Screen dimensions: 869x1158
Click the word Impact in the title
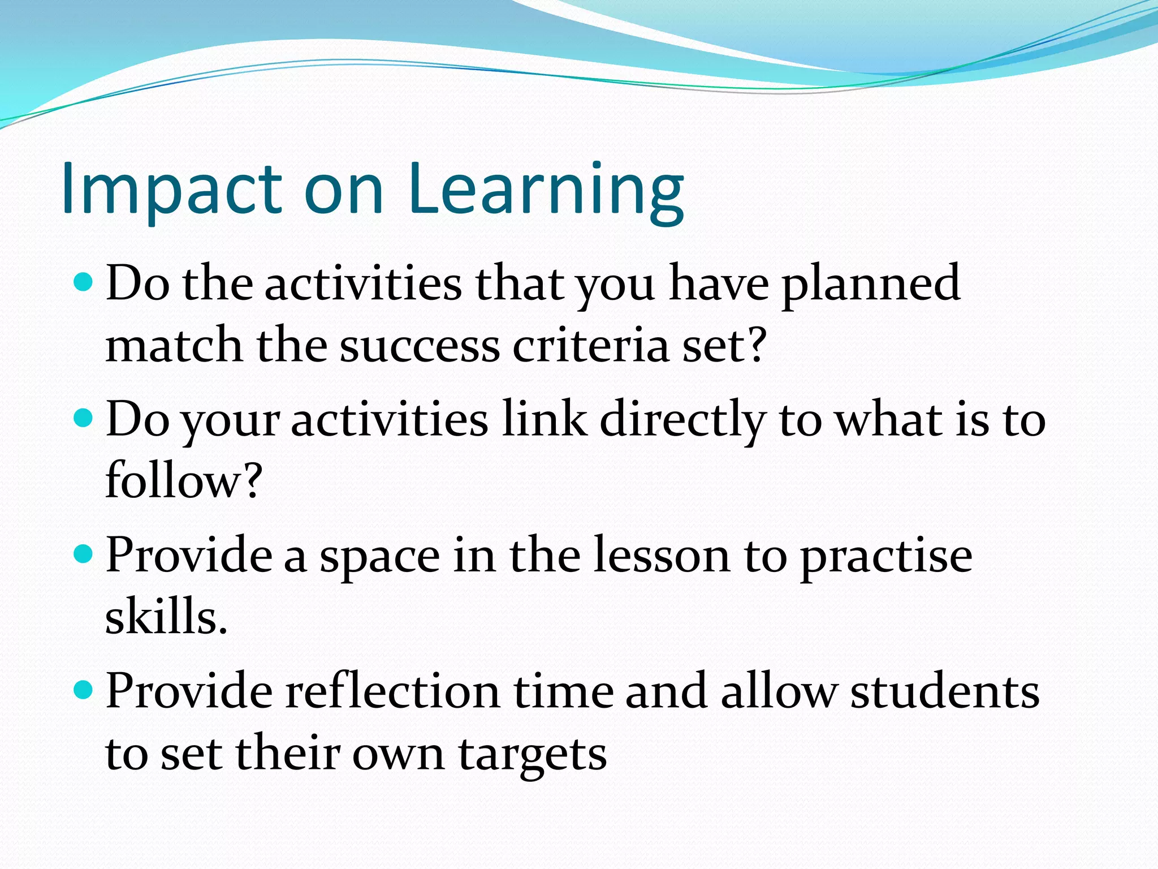point(171,190)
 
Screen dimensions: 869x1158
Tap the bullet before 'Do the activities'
point(83,281)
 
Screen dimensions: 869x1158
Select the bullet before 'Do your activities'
point(83,418)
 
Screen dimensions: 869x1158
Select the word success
point(420,346)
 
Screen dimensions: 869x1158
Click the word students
point(945,692)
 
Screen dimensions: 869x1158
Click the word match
point(174,346)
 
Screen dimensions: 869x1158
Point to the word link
point(545,420)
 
